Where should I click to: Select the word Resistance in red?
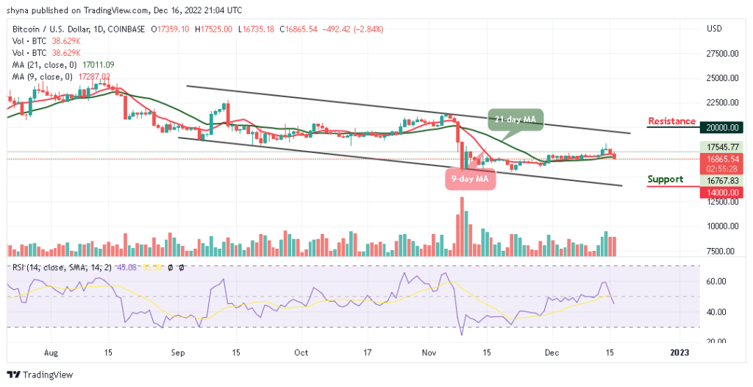click(671, 121)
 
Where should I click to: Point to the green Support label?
click(665, 180)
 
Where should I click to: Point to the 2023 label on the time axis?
click(679, 352)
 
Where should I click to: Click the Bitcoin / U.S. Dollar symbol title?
click(54, 29)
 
